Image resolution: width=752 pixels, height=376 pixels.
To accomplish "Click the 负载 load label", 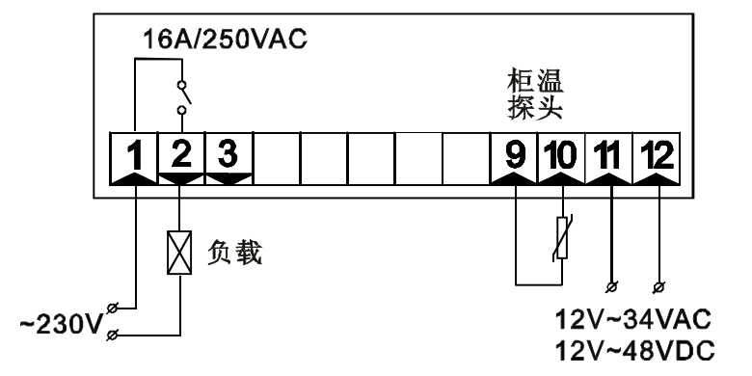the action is click(x=235, y=255).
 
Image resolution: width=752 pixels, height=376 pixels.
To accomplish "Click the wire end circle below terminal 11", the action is click(x=612, y=285).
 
